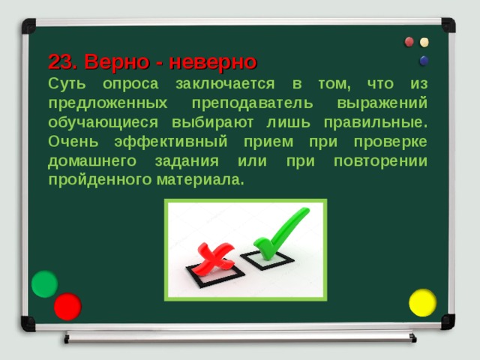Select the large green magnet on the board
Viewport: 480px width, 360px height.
tap(44, 283)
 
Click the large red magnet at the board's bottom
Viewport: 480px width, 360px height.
tap(67, 306)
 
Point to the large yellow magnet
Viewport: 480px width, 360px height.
tap(422, 302)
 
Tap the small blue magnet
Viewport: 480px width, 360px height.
tap(424, 60)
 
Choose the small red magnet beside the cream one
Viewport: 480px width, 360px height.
tap(409, 42)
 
